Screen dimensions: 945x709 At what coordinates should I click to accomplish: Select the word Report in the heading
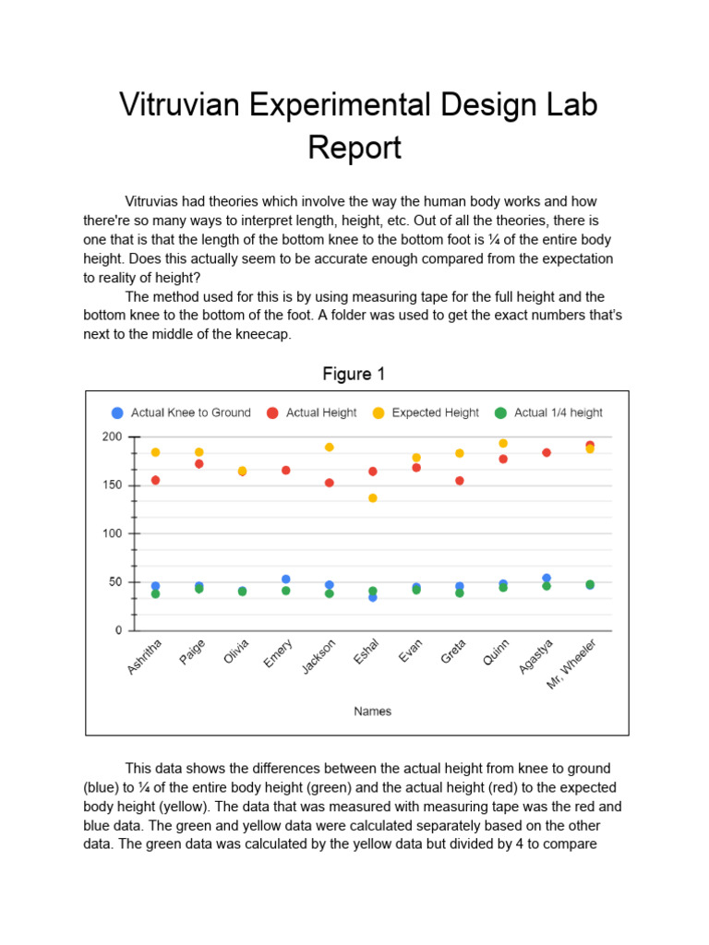coord(354,148)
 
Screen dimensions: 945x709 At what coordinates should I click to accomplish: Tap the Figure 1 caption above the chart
coord(354,374)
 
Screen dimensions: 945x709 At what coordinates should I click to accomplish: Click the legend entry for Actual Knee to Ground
coord(190,413)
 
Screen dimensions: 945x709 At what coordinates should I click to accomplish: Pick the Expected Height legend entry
coord(435,413)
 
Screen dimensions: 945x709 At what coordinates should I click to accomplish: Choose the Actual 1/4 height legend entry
coord(558,413)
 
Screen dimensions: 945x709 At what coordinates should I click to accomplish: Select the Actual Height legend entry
coord(320,413)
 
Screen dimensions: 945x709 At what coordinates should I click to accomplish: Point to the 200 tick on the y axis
coord(112,437)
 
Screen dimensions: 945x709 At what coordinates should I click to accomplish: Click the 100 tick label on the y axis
coord(112,533)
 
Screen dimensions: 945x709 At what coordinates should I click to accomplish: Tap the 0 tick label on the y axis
coord(117,630)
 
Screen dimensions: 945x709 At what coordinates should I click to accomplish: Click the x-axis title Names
coord(373,711)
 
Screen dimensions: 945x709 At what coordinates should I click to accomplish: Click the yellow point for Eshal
coord(373,498)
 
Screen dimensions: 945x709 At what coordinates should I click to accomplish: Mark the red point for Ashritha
coord(155,480)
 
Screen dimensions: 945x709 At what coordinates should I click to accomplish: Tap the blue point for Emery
coord(286,580)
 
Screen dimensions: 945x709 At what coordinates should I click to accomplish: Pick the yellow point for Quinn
coord(503,443)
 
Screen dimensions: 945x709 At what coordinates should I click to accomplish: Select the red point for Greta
coord(460,481)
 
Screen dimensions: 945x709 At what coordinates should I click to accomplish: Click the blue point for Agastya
coord(547,579)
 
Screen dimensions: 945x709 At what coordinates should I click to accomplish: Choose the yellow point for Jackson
coord(330,448)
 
